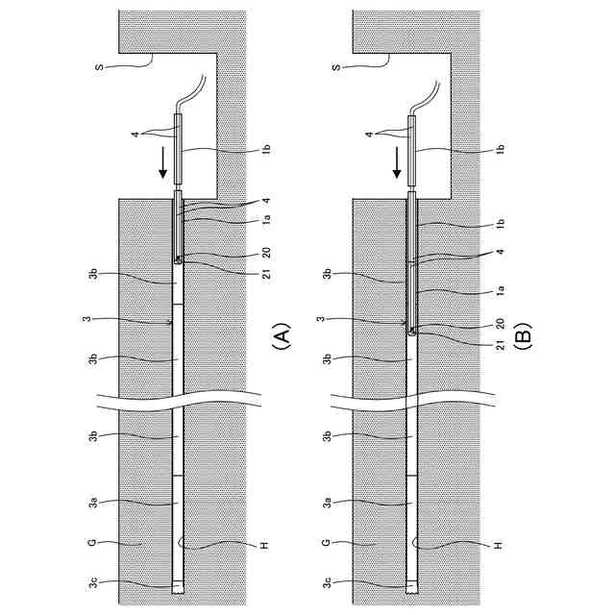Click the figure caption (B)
tap(523, 336)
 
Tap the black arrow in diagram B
tap(397, 161)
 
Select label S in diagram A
tap(99, 67)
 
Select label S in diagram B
tap(336, 67)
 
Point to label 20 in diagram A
tap(266, 253)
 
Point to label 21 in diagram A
tap(266, 273)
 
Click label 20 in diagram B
tap(500, 324)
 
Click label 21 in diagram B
tap(500, 345)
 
